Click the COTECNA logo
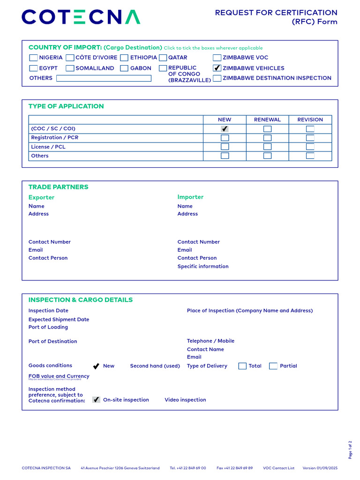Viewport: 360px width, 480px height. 81,17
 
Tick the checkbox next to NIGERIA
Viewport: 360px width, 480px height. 34,58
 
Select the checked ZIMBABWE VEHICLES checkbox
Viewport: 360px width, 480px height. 217,68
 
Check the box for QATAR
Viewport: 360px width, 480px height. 163,58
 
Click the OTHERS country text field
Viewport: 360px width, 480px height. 104,78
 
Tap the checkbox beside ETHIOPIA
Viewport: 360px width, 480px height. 124,58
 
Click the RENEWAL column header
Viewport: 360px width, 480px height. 267,120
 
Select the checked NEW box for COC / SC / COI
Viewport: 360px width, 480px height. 225,129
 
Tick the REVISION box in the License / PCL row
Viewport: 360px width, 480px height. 310,147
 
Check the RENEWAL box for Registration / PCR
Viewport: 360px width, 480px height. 267,138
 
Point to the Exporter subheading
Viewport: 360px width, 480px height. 41,197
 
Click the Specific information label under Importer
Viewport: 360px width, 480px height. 203,266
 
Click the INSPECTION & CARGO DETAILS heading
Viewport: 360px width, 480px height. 81,300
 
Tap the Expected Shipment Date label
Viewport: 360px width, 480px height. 59,319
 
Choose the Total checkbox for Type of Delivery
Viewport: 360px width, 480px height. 242,366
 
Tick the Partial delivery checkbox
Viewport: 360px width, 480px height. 273,366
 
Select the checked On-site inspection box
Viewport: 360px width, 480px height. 96,400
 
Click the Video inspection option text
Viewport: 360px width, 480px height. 185,400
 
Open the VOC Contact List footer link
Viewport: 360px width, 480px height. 278,468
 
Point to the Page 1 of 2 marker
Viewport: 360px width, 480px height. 350,450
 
